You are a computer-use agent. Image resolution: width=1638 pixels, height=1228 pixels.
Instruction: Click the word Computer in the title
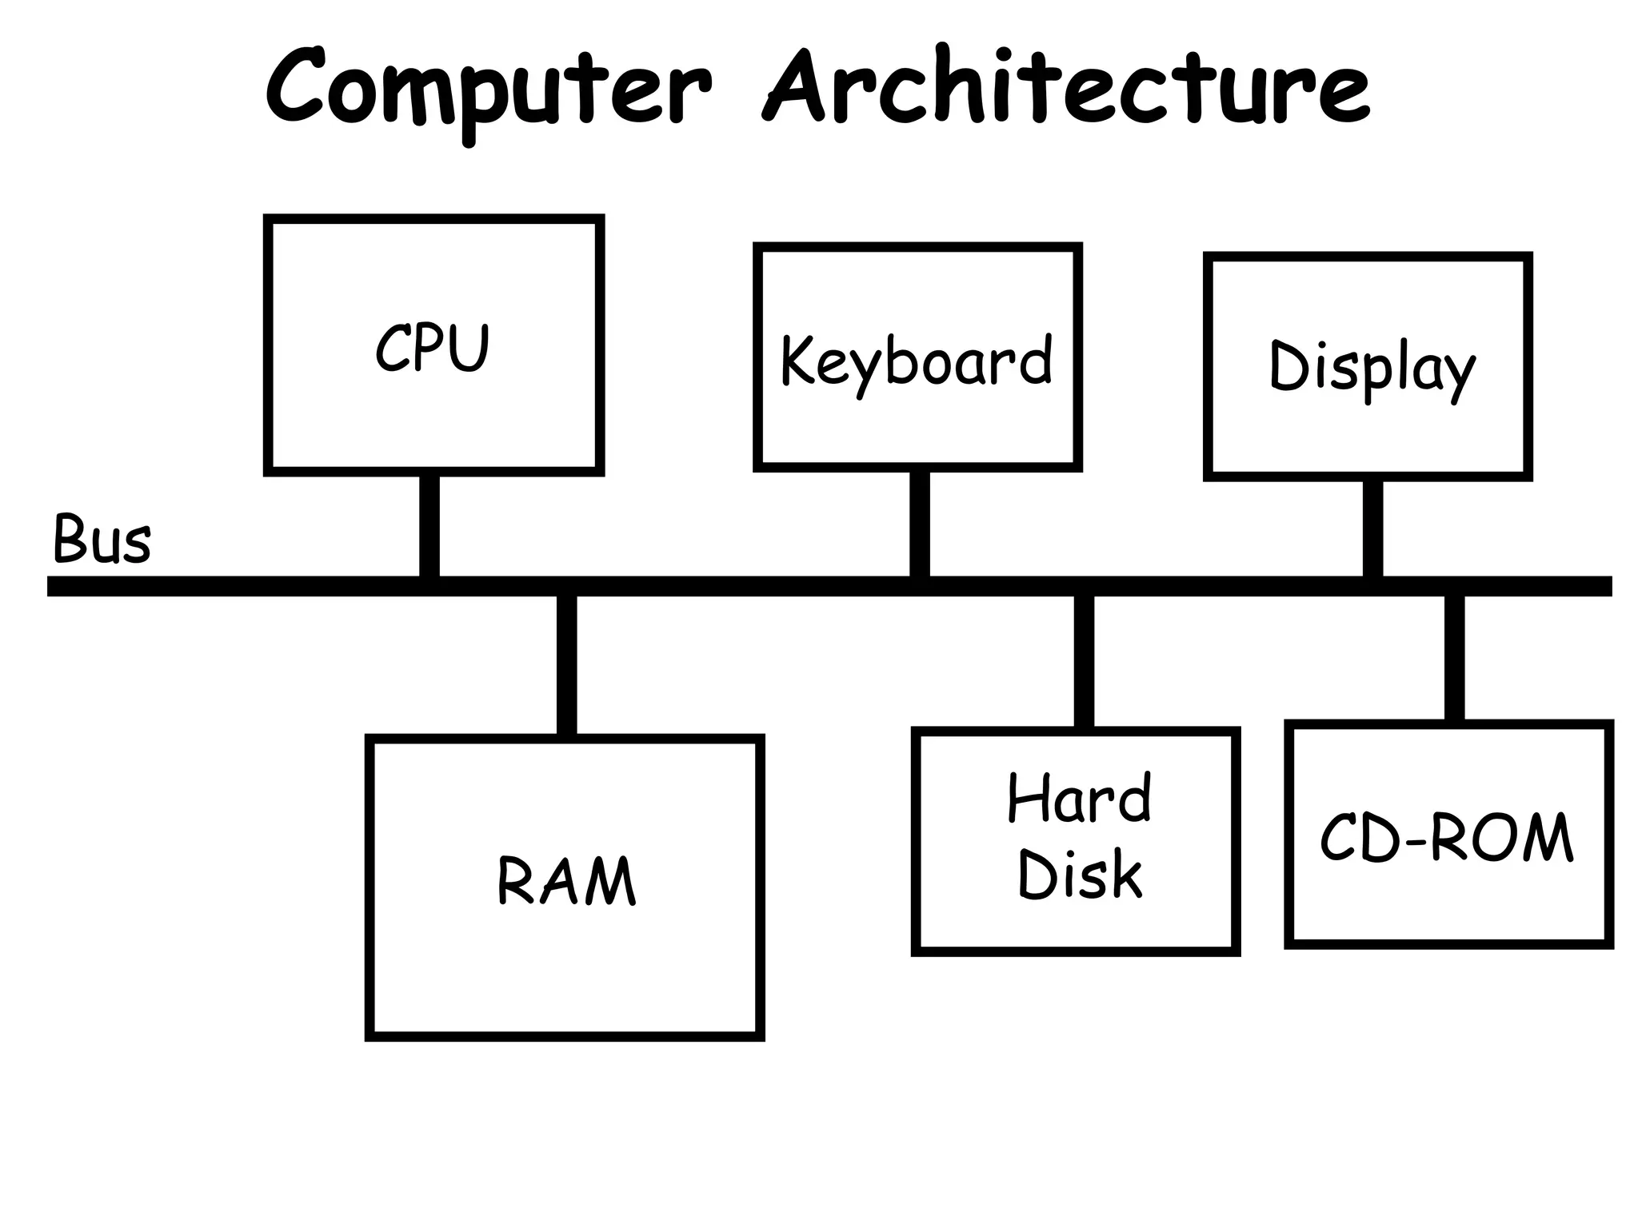tap(488, 88)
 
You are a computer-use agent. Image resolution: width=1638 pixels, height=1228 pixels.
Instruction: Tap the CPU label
tap(433, 348)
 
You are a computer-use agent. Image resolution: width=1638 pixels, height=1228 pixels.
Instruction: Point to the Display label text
tap(1372, 368)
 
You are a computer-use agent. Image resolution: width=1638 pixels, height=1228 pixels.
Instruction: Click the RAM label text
tap(566, 881)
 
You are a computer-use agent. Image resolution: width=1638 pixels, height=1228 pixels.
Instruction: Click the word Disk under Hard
tap(1079, 874)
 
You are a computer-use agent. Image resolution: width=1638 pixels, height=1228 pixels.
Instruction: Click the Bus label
tap(102, 539)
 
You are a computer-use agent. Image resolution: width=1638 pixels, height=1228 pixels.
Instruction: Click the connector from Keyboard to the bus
tap(920, 524)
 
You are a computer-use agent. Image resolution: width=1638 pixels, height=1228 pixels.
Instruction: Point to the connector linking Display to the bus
tap(1372, 528)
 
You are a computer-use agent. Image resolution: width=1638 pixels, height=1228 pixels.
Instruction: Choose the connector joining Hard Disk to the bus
tap(1084, 662)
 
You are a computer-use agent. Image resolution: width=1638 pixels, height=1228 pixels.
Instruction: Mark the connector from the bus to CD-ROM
tap(1454, 658)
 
